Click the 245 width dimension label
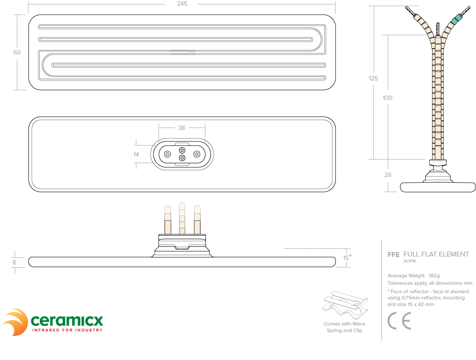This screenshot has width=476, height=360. [x=182, y=4]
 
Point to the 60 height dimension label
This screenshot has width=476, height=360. [x=17, y=52]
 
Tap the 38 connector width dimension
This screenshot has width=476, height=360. [x=182, y=128]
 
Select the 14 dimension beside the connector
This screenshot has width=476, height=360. [x=136, y=154]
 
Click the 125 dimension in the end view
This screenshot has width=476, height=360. [x=373, y=78]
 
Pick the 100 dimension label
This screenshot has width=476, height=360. [x=387, y=98]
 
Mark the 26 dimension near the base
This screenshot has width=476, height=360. [x=388, y=175]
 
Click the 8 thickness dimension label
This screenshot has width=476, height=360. [x=14, y=262]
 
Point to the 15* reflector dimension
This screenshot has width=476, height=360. [x=347, y=257]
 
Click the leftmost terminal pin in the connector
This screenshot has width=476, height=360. [x=167, y=154]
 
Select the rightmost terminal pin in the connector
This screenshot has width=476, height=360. [x=197, y=154]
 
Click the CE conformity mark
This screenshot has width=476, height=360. [x=399, y=321]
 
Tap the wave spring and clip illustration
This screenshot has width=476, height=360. [x=345, y=305]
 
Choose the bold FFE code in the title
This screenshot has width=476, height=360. [x=393, y=255]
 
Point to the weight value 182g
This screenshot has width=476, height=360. [x=434, y=276]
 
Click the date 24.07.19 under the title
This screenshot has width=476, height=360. [x=410, y=261]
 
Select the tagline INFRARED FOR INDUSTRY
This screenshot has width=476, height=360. [x=67, y=330]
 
